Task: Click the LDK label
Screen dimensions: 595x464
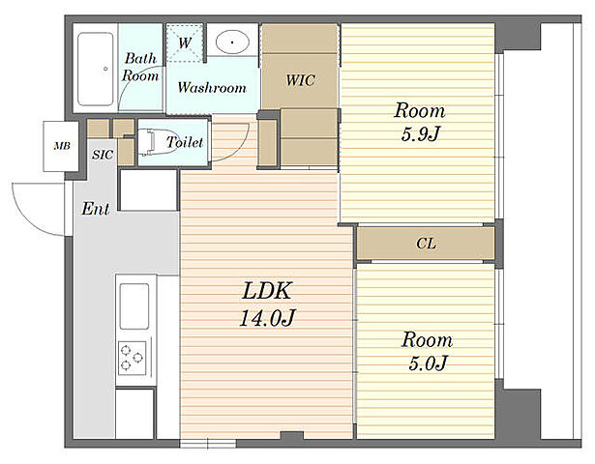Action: tap(267, 291)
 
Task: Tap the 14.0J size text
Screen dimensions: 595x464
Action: tap(267, 318)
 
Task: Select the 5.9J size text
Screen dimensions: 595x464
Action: tap(420, 133)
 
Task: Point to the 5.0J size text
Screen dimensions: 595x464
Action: tap(428, 363)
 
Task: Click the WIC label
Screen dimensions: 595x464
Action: tap(300, 80)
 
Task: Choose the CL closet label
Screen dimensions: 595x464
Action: tap(426, 244)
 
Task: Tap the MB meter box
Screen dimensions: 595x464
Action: tap(61, 146)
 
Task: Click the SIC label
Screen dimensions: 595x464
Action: tap(103, 155)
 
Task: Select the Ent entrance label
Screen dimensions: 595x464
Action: tap(96, 209)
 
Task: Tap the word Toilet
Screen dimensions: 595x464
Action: tap(185, 142)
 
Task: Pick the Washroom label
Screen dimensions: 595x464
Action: tap(212, 88)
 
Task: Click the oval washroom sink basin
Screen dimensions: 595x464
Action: tap(232, 42)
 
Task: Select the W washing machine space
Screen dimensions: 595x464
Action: tap(185, 43)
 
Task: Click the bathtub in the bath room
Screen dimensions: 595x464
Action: tap(96, 69)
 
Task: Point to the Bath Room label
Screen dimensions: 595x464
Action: tap(140, 67)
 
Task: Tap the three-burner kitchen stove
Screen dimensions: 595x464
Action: tap(132, 358)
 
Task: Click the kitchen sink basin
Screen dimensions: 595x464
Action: tap(134, 305)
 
